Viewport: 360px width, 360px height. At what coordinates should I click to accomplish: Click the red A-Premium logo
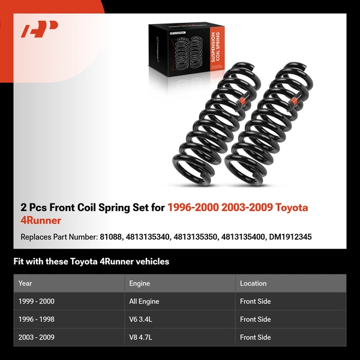coord(39,29)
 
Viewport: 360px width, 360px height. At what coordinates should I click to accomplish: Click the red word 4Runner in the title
coord(41,221)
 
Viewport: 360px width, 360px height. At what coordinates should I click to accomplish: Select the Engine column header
coord(139,283)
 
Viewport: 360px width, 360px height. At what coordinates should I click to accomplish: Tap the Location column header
coord(253,283)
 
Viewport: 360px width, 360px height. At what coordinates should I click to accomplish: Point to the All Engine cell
coord(144,301)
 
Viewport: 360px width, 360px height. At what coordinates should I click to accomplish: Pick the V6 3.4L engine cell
coord(141,319)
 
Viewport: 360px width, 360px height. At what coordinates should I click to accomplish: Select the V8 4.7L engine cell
coord(141,337)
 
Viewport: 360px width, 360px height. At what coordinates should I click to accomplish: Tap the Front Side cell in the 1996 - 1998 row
coord(256,319)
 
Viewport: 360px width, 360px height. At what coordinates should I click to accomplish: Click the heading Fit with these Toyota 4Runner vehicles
coord(91,262)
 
